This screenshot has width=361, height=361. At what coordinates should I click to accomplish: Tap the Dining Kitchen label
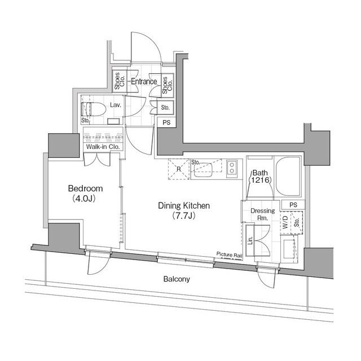tap(183, 206)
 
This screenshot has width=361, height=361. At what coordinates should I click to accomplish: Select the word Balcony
tap(177, 279)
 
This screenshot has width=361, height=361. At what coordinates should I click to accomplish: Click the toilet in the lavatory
tap(91, 108)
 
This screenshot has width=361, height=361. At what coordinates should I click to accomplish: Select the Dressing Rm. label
tap(263, 214)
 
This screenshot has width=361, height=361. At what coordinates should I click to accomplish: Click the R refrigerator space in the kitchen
tap(178, 168)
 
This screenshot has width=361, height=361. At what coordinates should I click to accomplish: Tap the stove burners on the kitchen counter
tap(232, 166)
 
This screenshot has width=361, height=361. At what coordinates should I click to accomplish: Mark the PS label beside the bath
tap(293, 205)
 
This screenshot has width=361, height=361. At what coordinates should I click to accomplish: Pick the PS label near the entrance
tap(166, 122)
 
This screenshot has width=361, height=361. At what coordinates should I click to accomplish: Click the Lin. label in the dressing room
tap(250, 239)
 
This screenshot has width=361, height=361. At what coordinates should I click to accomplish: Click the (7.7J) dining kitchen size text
tap(183, 216)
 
